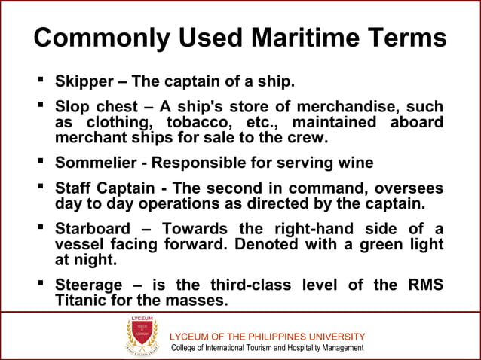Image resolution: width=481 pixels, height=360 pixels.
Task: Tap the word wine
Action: pyautogui.click(x=355, y=163)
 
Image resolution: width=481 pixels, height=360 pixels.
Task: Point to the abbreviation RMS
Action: pyautogui.click(x=423, y=285)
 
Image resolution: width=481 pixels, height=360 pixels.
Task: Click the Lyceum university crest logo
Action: pyautogui.click(x=142, y=336)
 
